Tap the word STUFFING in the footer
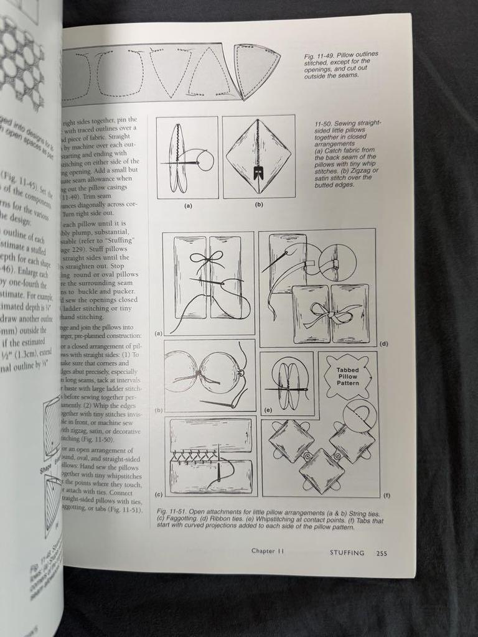click(347, 552)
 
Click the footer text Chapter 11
click(268, 551)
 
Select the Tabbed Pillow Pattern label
click(347, 376)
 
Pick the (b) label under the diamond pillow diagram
click(258, 203)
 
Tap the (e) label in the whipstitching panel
click(268, 411)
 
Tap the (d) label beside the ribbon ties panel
click(384, 343)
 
